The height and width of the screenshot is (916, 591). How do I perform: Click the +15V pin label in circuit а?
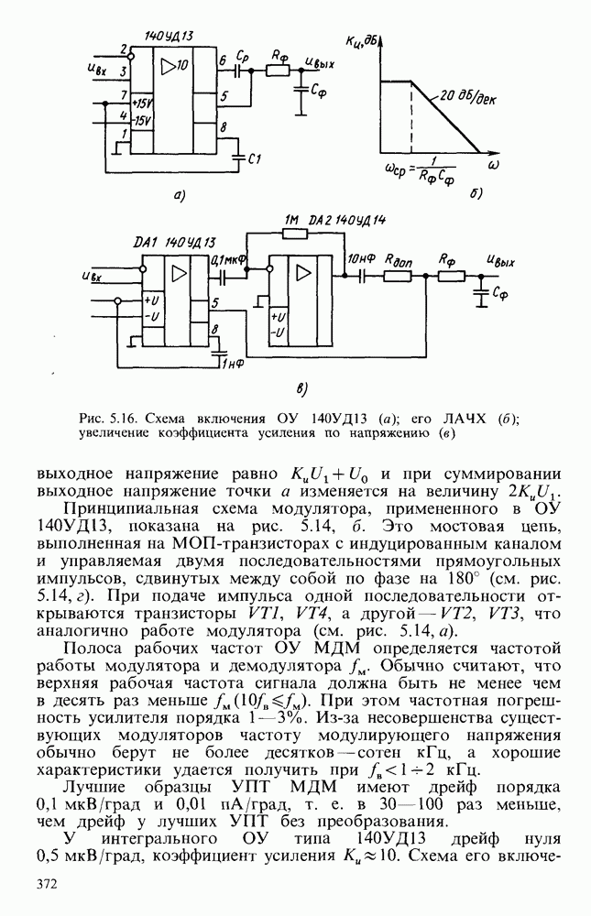(141, 102)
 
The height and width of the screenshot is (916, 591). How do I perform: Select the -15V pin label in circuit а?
(141, 119)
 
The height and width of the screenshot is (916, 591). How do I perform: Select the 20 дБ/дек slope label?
(466, 99)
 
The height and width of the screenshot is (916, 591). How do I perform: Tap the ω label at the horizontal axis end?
(493, 165)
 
